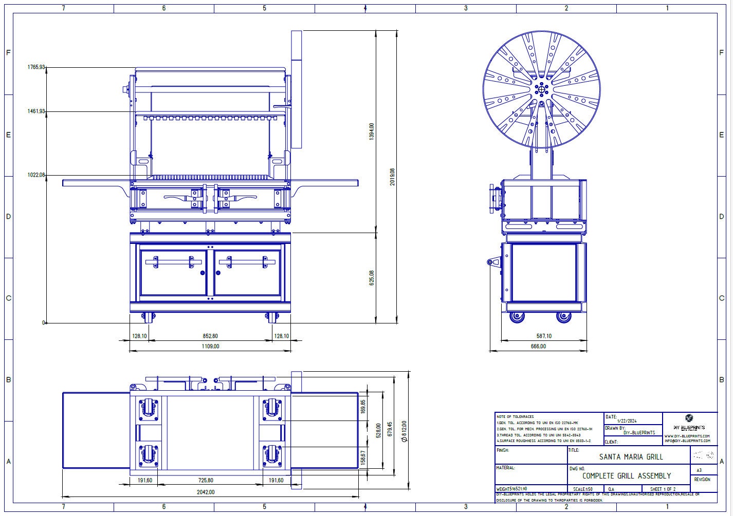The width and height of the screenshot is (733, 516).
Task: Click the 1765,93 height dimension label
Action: pyautogui.click(x=36, y=67)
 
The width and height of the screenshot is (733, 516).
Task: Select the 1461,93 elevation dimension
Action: pyautogui.click(x=36, y=111)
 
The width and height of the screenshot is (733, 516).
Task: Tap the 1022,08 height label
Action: pyautogui.click(x=36, y=175)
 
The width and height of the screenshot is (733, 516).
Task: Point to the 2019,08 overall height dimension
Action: pyautogui.click(x=393, y=177)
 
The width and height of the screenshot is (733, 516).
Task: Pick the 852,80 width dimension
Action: pyautogui.click(x=210, y=336)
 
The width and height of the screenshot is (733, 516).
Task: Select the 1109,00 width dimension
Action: pyautogui.click(x=210, y=347)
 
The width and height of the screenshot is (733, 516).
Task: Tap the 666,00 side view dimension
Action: pyautogui.click(x=538, y=347)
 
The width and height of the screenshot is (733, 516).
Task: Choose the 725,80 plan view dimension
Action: pyautogui.click(x=210, y=481)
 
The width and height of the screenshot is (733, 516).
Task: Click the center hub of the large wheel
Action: pyautogui.click(x=541, y=89)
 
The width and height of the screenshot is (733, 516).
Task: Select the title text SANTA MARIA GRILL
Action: pyautogui.click(x=631, y=456)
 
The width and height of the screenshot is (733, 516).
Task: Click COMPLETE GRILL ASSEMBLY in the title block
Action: pyautogui.click(x=626, y=476)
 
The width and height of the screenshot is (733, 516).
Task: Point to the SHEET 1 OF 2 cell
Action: pyautogui.click(x=663, y=489)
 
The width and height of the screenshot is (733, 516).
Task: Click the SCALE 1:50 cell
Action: pyautogui.click(x=582, y=489)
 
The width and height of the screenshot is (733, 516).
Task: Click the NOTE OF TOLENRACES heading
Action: pyautogui.click(x=515, y=416)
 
